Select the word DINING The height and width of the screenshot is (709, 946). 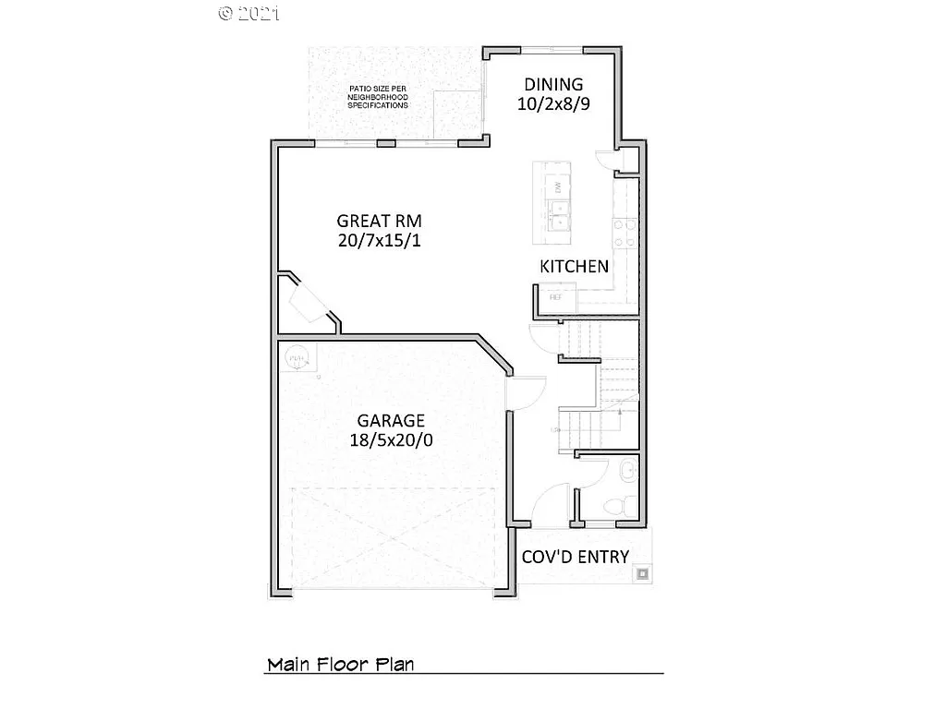[x=553, y=84]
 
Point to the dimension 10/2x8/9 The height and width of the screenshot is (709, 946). [x=553, y=104]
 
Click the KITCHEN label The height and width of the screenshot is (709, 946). [x=574, y=267]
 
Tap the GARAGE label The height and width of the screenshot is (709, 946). [x=392, y=420]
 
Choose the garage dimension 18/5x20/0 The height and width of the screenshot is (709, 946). [x=392, y=440]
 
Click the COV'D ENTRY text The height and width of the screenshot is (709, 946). [x=576, y=557]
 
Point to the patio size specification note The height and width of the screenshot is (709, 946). [x=377, y=97]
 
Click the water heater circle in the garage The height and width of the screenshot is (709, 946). [x=297, y=355]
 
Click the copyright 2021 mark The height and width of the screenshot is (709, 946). [x=249, y=13]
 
